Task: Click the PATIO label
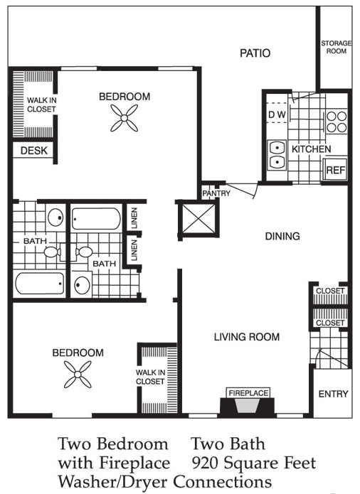[255, 53]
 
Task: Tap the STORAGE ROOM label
[336, 47]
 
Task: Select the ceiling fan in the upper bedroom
[125, 118]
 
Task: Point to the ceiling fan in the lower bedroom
[78, 375]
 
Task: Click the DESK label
[34, 151]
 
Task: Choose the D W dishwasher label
[277, 114]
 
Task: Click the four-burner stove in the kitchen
[337, 122]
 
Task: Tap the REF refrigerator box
[335, 169]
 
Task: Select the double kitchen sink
[277, 156]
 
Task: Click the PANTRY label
[216, 193]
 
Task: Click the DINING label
[282, 236]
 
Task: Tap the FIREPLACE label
[248, 393]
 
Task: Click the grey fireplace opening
[248, 407]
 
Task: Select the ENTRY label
[333, 394]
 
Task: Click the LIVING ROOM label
[247, 337]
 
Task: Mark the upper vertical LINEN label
[134, 218]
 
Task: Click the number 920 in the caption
[205, 463]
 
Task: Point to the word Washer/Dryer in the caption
[113, 482]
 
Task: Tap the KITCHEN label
[312, 149]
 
